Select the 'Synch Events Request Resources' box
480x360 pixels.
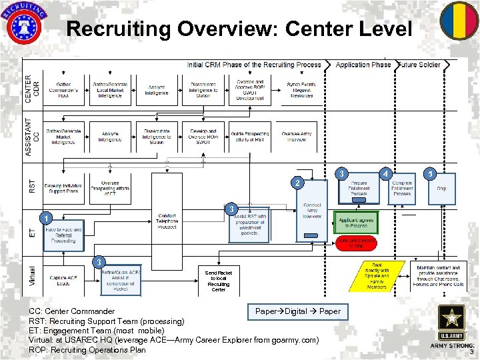(x=301, y=90)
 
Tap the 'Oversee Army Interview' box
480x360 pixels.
(x=296, y=137)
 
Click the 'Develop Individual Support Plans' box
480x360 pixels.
(x=63, y=189)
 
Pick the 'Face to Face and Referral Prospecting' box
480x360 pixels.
(x=63, y=235)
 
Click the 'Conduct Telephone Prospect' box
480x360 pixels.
(x=167, y=221)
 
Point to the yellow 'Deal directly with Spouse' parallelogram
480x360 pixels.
(x=377, y=277)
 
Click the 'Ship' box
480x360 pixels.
(x=441, y=189)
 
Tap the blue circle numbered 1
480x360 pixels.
(x=44, y=219)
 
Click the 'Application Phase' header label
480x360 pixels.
(x=363, y=65)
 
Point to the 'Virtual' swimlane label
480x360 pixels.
(x=32, y=276)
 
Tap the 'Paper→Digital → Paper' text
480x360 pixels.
(x=298, y=311)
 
